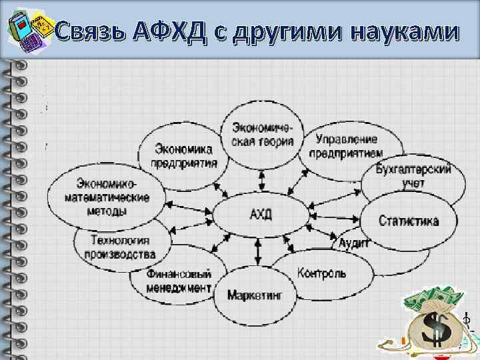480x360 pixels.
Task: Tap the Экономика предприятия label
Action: coord(185,155)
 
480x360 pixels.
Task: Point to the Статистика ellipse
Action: coord(408,221)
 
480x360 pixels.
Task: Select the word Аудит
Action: coord(354,243)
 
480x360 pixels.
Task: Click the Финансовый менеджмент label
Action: coord(180,281)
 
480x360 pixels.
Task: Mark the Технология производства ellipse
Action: coord(120,247)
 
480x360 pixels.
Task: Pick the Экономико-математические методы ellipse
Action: coord(106,197)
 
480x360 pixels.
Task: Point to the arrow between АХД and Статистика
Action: coord(335,217)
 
